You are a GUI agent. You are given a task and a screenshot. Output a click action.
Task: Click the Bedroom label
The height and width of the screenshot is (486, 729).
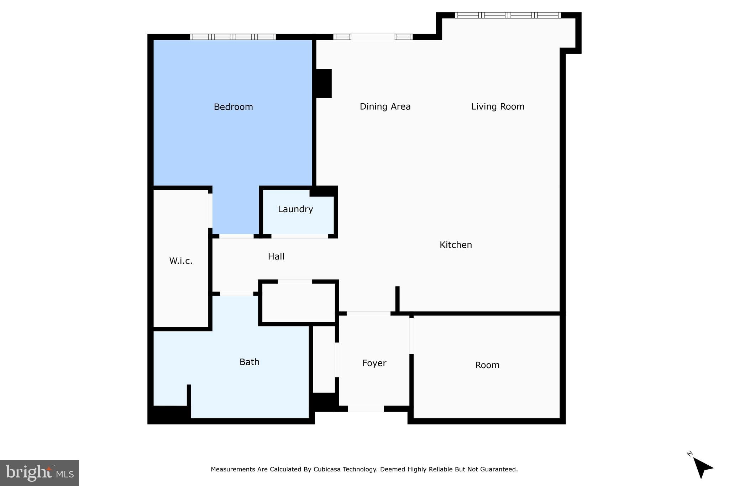pos(233,107)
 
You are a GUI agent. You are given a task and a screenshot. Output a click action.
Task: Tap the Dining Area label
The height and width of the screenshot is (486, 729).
pos(385,106)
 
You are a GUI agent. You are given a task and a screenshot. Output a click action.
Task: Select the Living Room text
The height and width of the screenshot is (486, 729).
pos(498,106)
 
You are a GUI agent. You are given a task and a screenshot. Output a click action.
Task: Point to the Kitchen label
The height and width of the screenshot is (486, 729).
pos(456,245)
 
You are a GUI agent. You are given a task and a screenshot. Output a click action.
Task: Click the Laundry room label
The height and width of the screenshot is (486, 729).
pos(295,209)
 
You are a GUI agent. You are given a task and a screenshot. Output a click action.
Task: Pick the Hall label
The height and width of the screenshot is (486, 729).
pos(276,256)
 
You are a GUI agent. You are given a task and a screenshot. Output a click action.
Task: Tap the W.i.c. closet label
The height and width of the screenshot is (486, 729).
pos(181,261)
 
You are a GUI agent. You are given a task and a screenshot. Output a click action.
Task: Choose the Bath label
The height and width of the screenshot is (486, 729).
pos(249,362)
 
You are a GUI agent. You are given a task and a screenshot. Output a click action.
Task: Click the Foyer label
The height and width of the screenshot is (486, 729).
pos(374,363)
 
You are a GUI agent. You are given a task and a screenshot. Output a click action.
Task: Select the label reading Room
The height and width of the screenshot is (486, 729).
pos(487,365)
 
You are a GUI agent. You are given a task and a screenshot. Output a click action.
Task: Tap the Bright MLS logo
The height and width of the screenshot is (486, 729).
pos(40,473)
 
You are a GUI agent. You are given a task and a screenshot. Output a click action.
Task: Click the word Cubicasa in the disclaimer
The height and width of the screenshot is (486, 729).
pos(327,469)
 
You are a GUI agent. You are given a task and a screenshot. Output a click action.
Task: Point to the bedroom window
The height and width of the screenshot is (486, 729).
pos(233,37)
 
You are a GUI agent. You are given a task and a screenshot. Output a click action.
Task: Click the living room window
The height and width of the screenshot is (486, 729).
pos(508,15)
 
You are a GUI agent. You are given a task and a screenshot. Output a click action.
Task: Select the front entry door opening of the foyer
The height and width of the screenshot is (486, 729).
pos(366,409)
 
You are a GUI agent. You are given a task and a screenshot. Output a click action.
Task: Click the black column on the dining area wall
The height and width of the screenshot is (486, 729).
pos(324,83)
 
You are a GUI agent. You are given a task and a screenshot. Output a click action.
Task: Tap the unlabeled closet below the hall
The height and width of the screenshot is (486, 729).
pos(298,303)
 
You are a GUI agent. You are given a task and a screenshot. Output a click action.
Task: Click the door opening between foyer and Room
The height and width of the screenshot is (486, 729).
pos(411,336)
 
